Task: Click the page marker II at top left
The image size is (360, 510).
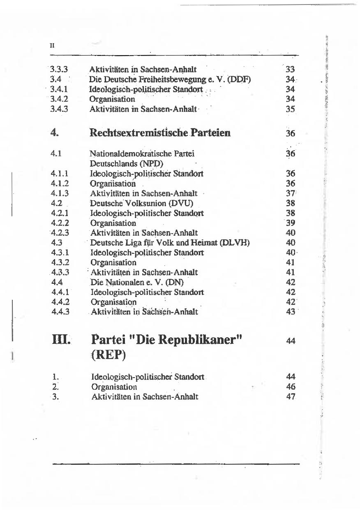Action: (x=52, y=45)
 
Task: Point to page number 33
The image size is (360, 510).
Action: (x=290, y=70)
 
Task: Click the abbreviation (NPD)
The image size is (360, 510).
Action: (x=148, y=164)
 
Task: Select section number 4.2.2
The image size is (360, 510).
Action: (x=59, y=223)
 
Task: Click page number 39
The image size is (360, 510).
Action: (x=290, y=223)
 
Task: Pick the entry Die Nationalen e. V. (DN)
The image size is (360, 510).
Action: (x=137, y=283)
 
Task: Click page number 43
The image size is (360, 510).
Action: (x=290, y=312)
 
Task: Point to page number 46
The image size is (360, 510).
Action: (x=290, y=387)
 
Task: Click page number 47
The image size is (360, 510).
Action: (x=290, y=396)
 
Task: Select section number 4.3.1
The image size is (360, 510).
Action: (x=59, y=253)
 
